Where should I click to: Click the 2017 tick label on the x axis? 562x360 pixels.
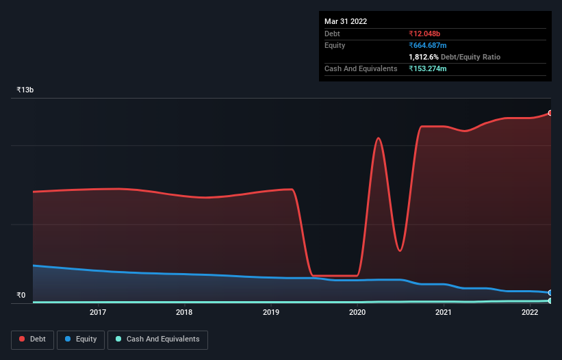click(x=98, y=312)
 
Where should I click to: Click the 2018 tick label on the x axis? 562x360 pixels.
click(x=184, y=312)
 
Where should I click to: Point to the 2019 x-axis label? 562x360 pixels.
click(x=270, y=312)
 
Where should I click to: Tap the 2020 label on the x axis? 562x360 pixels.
click(x=357, y=312)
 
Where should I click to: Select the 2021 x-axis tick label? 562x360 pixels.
click(x=444, y=312)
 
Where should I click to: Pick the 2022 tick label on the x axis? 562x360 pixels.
click(x=530, y=312)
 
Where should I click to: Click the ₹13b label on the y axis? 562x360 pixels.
click(x=25, y=90)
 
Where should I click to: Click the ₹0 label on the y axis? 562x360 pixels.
click(x=21, y=296)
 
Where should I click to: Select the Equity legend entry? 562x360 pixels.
click(x=81, y=339)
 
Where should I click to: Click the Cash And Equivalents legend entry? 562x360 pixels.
click(x=157, y=339)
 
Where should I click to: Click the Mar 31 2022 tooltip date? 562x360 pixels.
click(x=346, y=21)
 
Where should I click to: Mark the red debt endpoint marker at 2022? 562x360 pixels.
click(x=550, y=113)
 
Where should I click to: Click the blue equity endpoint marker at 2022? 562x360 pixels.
click(x=550, y=293)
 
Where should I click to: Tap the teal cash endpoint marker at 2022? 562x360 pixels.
click(x=550, y=300)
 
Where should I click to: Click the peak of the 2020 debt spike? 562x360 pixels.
click(x=378, y=138)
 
